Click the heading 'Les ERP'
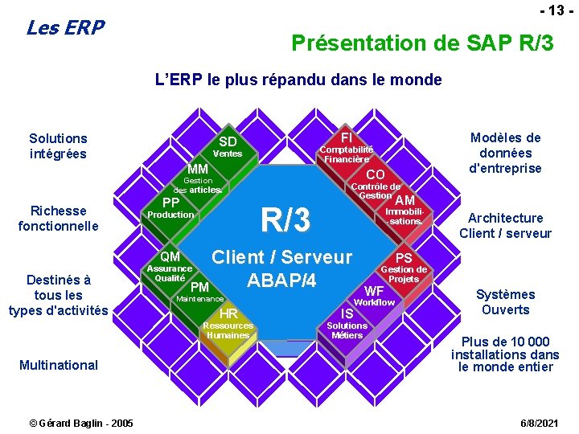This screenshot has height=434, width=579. [65, 28]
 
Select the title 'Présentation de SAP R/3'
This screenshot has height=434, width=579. [422, 43]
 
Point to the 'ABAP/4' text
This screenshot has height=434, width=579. [281, 280]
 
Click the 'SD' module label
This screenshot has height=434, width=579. [228, 142]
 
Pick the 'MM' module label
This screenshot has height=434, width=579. [198, 170]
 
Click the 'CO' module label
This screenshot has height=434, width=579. [375, 174]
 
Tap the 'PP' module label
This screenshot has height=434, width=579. [170, 202]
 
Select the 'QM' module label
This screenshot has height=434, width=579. [170, 256]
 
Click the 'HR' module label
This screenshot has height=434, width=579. [228, 313]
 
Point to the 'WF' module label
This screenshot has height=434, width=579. [374, 290]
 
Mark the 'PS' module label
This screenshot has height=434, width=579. [404, 258]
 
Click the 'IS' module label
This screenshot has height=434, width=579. [347, 313]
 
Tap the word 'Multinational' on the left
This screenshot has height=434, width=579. [59, 365]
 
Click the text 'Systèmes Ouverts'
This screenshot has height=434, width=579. [505, 302]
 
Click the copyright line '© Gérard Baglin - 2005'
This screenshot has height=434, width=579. [81, 423]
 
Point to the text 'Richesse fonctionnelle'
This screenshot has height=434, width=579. [58, 218]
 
